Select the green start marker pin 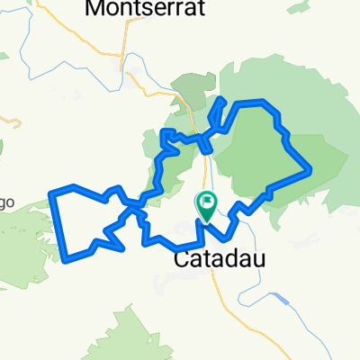(x=206, y=206)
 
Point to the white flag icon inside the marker (x=207, y=202)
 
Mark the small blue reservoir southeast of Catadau (x=281, y=300)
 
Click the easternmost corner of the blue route (x=310, y=168)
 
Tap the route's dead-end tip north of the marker (x=222, y=97)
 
